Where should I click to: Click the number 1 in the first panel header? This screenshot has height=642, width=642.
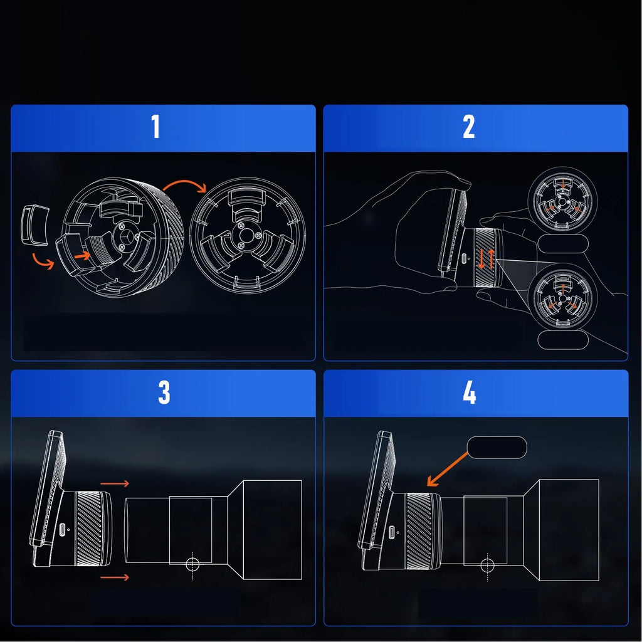[155, 126]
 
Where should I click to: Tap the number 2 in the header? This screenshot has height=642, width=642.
[469, 126]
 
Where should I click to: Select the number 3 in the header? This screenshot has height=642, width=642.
[164, 392]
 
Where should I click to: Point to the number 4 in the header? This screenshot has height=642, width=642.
[469, 392]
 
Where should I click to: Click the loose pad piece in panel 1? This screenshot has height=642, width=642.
[34, 225]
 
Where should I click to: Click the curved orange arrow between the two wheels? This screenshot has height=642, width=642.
[185, 184]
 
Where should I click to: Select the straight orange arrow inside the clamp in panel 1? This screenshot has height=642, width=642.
[82, 256]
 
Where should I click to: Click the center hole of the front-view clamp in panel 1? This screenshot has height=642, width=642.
[246, 236]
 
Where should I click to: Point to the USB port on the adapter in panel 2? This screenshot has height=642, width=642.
[463, 259]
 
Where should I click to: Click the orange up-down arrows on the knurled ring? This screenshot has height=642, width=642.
[486, 258]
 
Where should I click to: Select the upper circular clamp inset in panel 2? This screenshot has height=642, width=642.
[562, 201]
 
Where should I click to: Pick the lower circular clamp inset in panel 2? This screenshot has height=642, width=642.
[562, 297]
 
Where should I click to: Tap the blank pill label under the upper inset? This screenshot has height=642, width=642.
[562, 244]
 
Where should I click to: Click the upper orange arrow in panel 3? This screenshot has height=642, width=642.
[115, 483]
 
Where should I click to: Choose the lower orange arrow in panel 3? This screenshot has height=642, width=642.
[115, 577]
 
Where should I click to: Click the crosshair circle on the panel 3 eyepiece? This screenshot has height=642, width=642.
[192, 564]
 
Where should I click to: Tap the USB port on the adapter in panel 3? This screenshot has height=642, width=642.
[62, 530]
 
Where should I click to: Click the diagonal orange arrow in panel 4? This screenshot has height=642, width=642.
[447, 469]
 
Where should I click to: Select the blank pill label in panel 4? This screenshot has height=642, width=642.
[497, 447]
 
